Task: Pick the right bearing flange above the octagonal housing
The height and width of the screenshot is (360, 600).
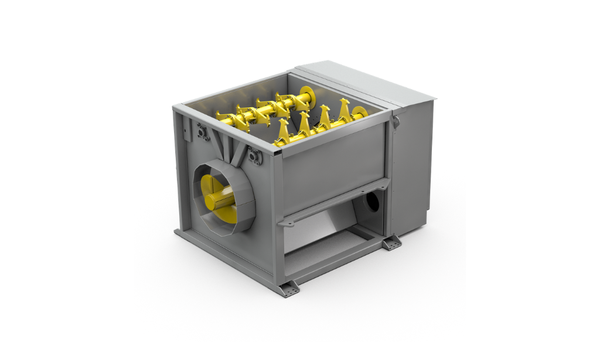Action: point(254,157)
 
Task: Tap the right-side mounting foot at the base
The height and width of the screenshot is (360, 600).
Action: point(391,242)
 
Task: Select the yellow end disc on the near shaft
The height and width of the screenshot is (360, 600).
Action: point(360,112)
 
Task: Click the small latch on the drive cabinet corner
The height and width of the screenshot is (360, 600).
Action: point(396,121)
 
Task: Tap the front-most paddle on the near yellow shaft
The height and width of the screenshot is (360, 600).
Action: point(283,132)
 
